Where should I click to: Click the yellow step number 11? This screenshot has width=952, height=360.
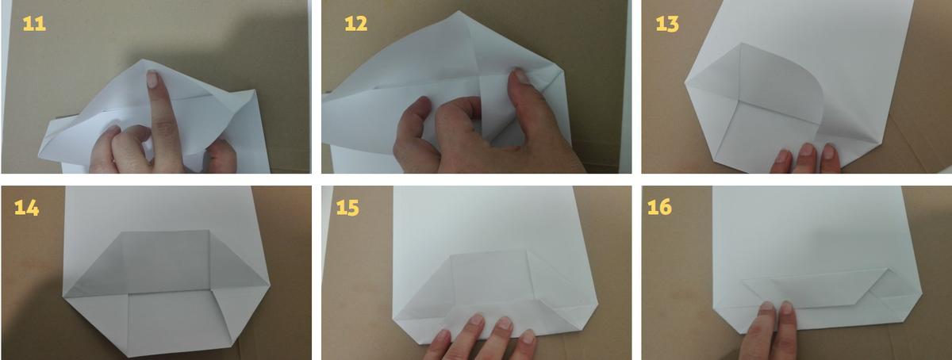(34, 24)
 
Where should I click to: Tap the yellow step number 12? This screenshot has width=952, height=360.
(355, 24)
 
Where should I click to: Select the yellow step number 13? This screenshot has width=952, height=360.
(667, 24)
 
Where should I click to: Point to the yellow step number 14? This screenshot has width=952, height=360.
(26, 208)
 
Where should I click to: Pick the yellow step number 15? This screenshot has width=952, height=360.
(347, 208)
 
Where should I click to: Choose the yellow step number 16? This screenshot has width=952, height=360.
(659, 207)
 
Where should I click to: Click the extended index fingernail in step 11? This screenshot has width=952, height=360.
(152, 79)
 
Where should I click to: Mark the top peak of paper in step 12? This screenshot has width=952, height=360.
(459, 12)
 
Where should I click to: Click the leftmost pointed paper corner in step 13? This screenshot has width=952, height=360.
(685, 83)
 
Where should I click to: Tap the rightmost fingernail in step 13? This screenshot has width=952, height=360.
(828, 151)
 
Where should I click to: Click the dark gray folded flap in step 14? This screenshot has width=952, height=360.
(166, 262)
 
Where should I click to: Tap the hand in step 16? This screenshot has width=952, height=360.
(769, 331)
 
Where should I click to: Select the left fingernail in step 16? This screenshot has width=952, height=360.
(767, 306)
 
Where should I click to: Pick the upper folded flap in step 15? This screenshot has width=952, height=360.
(489, 276)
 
